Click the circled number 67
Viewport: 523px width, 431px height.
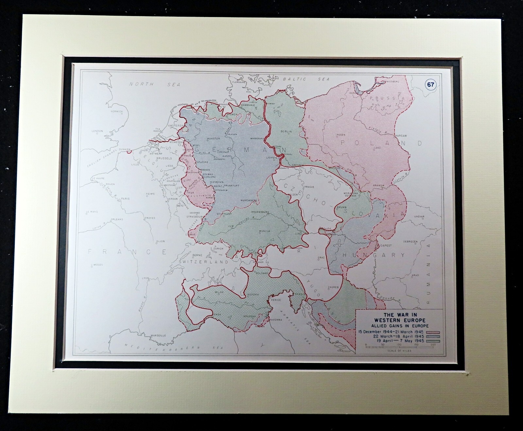[430, 85]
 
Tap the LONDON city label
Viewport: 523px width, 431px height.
[97, 131]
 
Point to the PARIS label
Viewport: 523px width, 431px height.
[125, 198]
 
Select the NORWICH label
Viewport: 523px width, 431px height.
[116, 111]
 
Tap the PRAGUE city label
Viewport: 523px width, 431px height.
[309, 187]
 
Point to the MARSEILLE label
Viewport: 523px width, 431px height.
[158, 336]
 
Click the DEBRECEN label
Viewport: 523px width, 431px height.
[410, 241]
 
